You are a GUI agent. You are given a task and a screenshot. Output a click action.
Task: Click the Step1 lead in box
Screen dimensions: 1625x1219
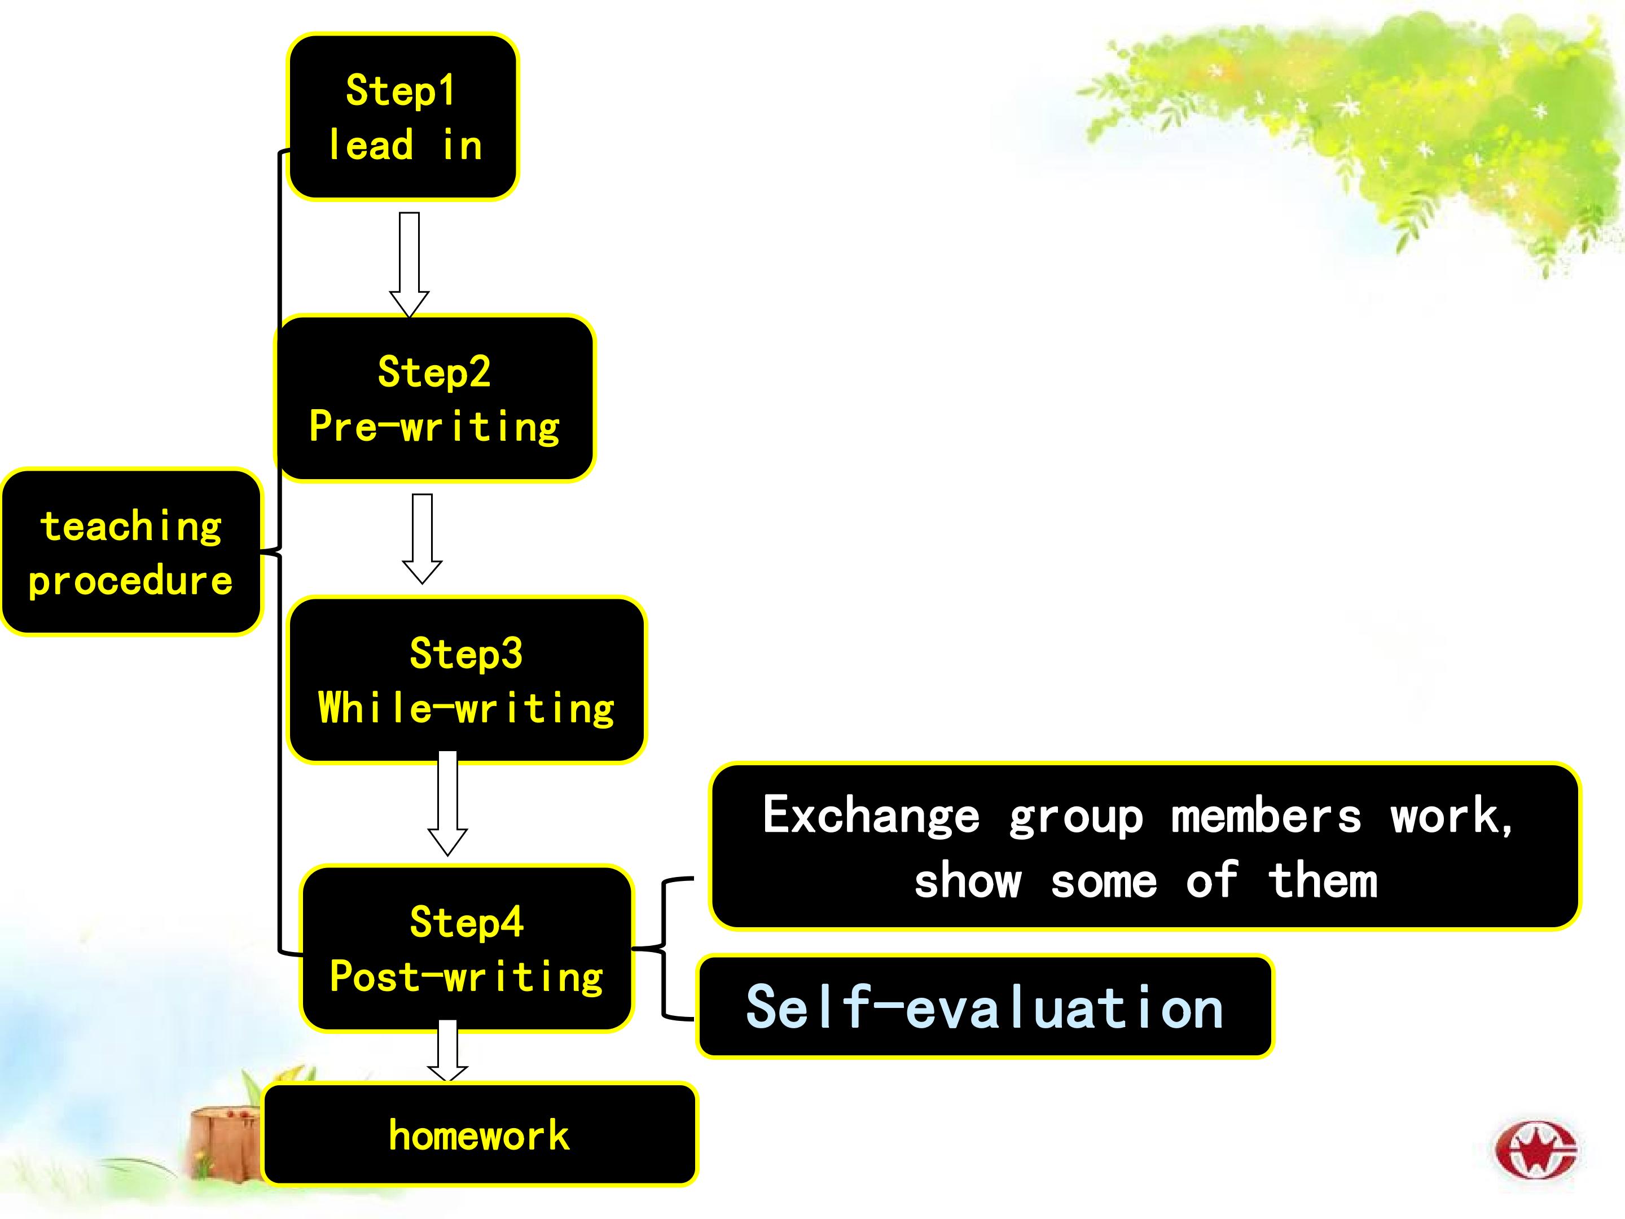click(402, 117)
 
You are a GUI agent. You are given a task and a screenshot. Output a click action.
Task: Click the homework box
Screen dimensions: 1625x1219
click(479, 1134)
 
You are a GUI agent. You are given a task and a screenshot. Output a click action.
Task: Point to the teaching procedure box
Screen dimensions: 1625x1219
click(131, 552)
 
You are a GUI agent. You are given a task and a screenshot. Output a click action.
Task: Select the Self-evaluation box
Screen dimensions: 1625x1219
click(985, 1006)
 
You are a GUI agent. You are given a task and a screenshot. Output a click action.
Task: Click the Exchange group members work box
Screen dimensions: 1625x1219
click(1144, 847)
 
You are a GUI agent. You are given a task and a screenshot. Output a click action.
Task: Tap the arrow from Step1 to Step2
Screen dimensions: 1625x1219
click(409, 265)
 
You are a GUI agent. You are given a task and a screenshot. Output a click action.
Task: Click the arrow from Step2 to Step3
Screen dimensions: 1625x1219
click(423, 538)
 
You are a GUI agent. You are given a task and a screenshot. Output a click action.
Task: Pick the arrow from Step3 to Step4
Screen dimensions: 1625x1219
click(447, 803)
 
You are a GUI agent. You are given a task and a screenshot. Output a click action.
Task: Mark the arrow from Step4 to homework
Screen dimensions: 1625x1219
click(447, 1051)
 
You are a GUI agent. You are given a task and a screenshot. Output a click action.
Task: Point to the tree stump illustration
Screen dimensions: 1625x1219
click(221, 1143)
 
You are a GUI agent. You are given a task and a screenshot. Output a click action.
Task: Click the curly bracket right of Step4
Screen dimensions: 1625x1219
click(664, 948)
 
